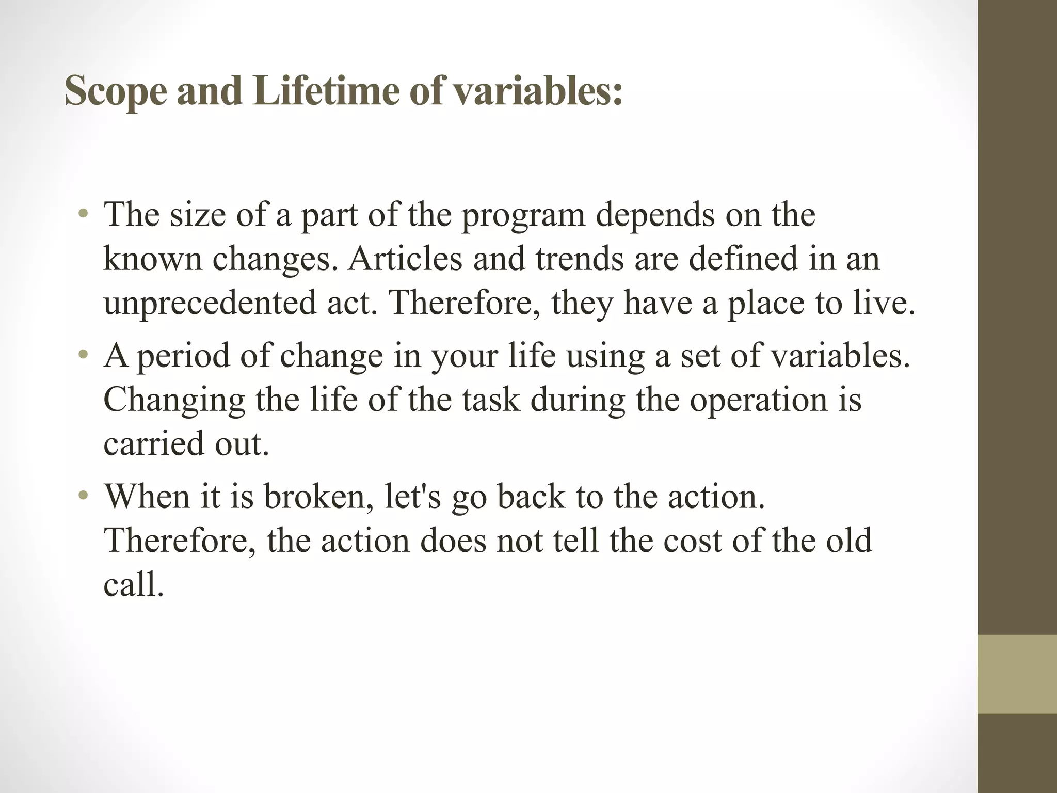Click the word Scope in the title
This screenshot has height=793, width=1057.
click(116, 92)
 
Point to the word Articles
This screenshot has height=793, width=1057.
click(405, 259)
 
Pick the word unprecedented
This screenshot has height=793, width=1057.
click(210, 304)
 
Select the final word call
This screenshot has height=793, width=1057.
click(133, 585)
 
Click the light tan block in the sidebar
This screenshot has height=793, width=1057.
click(1017, 674)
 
